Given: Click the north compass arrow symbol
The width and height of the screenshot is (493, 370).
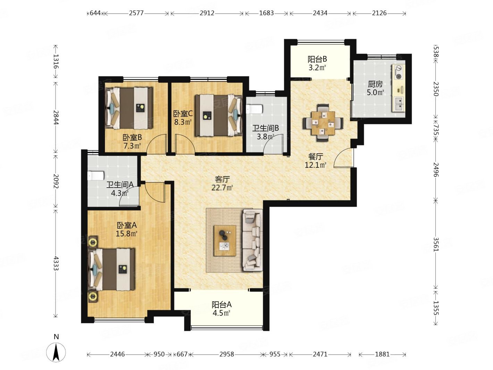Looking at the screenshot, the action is coord(56,352).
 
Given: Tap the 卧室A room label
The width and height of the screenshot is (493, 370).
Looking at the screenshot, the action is coord(127,225).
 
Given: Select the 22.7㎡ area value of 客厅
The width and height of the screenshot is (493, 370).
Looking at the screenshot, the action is coord(222,187).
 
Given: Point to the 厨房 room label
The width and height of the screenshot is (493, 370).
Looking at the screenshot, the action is coord(375,84).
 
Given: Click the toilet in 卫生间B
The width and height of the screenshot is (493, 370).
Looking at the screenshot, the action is coord(254,109).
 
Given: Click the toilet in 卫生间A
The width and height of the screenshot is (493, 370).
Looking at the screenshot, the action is coord(96,176).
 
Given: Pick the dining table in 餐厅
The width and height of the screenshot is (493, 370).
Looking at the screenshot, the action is coord(323,123).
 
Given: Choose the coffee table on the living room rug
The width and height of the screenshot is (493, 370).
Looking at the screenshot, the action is coord(225,241).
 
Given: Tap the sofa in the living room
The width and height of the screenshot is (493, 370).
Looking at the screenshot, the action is coord(252,240).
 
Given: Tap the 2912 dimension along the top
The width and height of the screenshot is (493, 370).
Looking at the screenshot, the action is coord(207,13).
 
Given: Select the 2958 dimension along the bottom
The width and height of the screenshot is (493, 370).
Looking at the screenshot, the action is coord(227,354).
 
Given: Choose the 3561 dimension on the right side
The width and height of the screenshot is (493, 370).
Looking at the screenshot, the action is coord(435,244).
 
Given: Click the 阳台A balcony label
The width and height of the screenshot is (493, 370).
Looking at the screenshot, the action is coord(222,305).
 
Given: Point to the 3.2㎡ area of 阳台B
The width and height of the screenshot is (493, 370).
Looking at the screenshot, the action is coord(317,67).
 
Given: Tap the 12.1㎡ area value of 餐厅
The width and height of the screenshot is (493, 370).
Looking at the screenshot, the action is coord(316,165).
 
